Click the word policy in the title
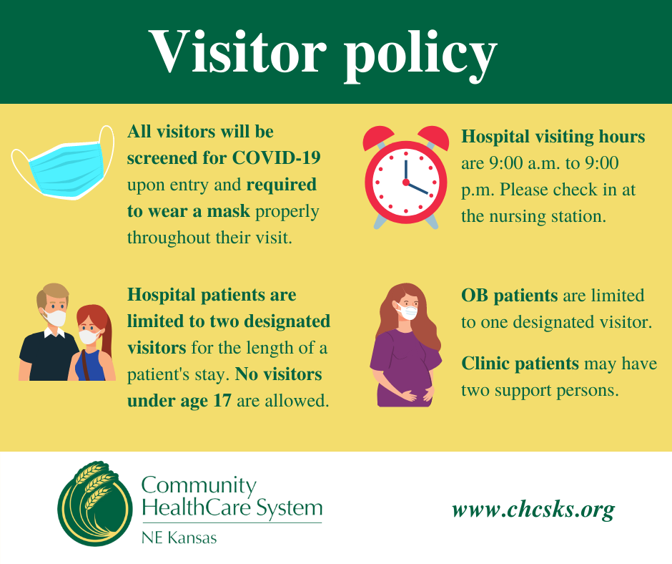pos(420,54)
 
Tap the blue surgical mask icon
pos(62,162)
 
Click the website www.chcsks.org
pos(533,510)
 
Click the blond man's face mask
pos(56,317)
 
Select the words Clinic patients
pos(520,364)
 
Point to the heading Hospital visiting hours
pos(553,136)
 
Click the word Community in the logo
pos(199,486)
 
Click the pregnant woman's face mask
pos(407,312)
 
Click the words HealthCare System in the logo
pos(232,508)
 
